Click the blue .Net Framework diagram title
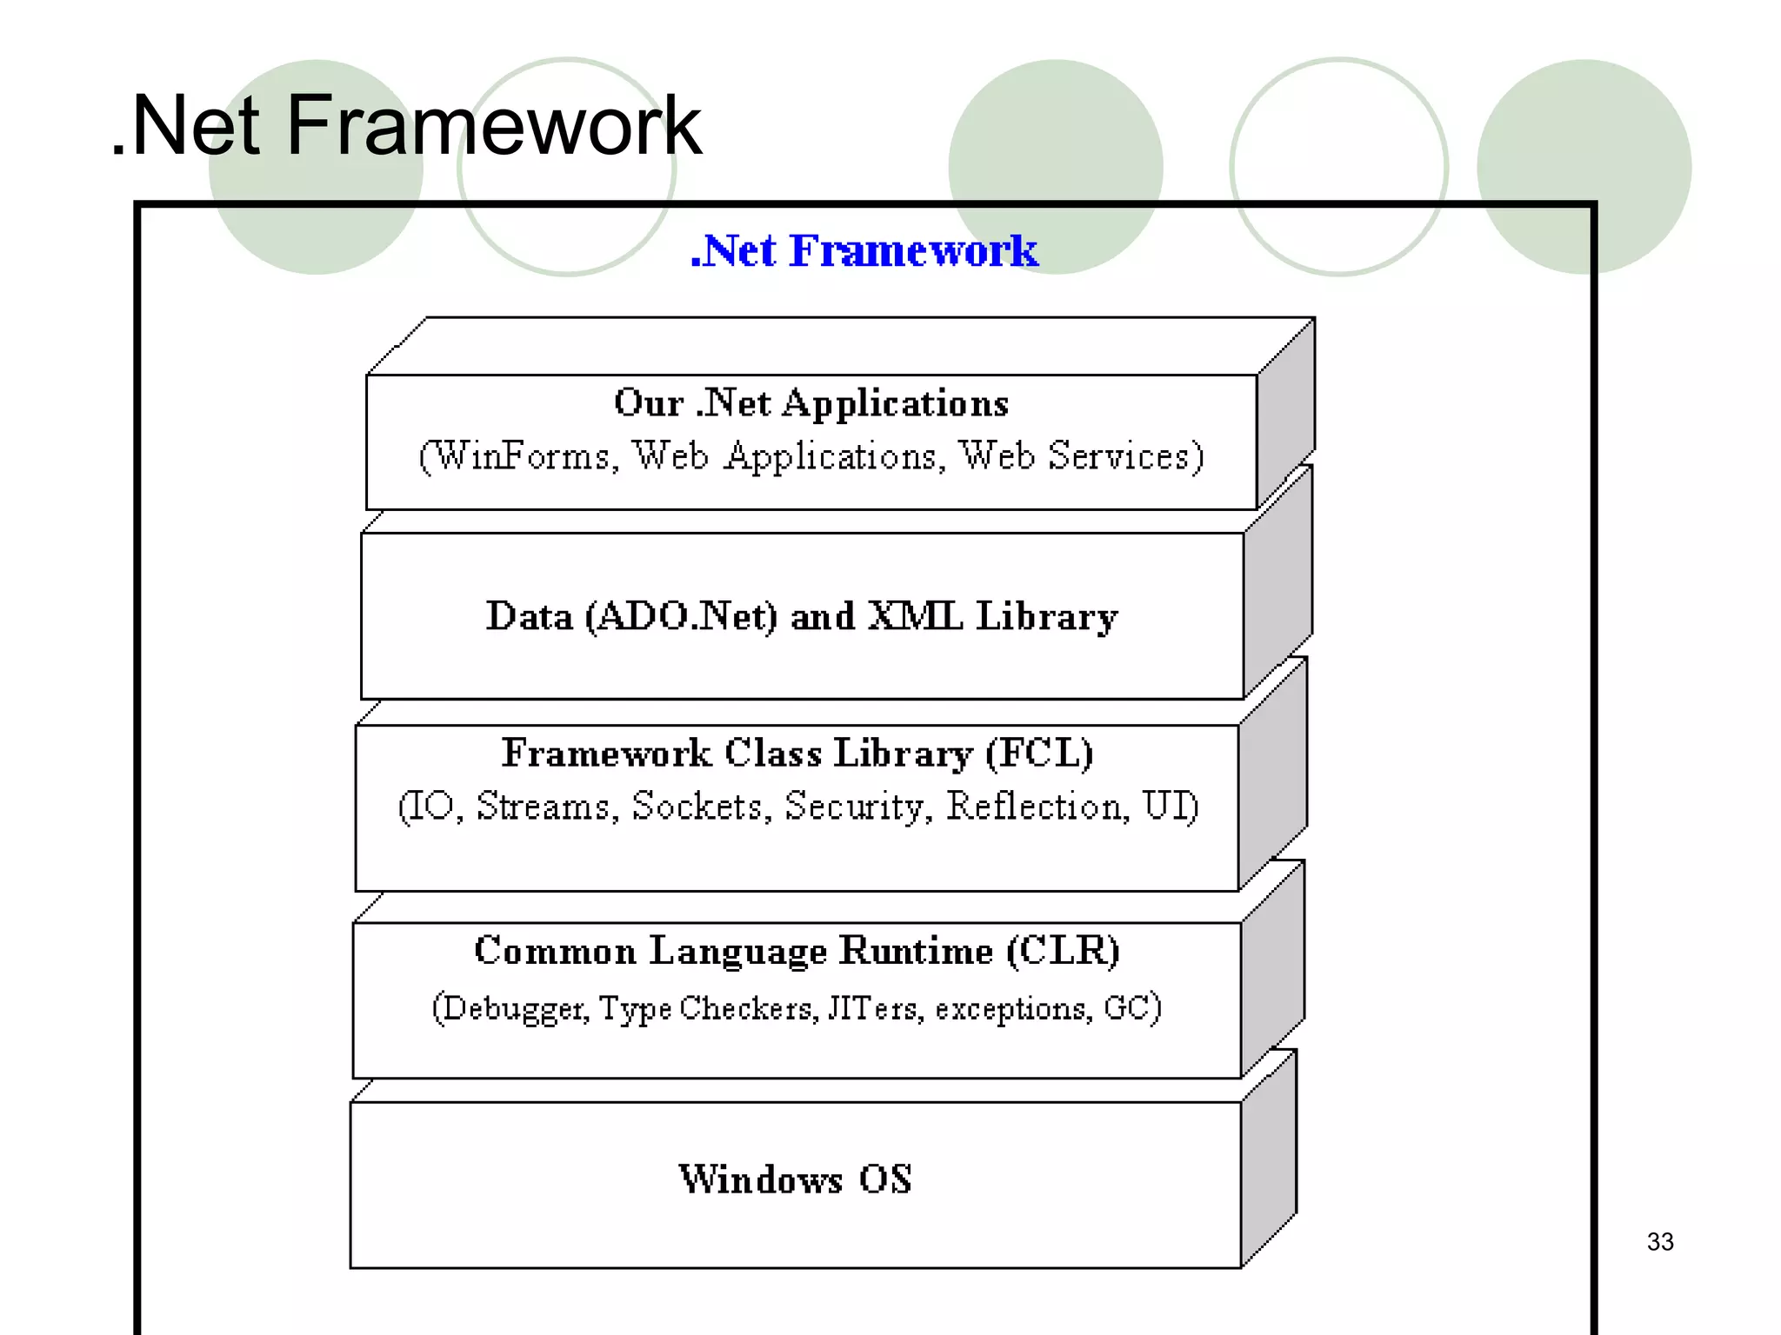[864, 251]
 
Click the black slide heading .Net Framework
[406, 127]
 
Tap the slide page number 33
[1659, 1241]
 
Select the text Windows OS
[795, 1179]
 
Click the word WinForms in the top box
[522, 456]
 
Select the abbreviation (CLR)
[1064, 950]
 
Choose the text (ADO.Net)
[681, 616]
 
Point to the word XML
[915, 616]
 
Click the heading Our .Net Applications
[810, 403]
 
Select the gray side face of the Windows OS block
[1269, 1160]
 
